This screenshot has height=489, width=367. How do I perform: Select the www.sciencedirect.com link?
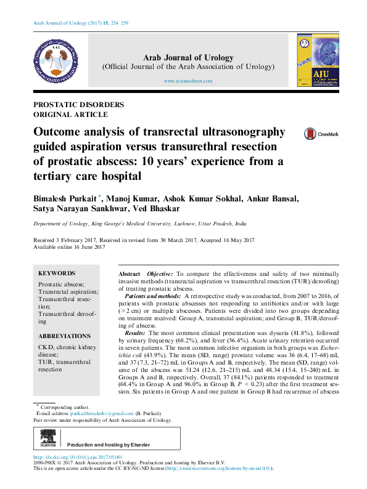188,81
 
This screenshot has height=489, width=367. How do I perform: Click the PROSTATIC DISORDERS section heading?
78,105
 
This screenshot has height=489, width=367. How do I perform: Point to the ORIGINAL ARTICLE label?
71,114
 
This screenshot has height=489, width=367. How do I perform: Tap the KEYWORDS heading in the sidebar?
57,273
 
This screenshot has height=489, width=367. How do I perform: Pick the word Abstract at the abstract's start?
129,273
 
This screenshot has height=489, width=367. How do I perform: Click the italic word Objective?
160,273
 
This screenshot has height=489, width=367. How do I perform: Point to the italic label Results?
130,332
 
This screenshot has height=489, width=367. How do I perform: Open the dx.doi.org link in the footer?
77,457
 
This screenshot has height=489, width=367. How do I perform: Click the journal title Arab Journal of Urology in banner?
188,57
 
